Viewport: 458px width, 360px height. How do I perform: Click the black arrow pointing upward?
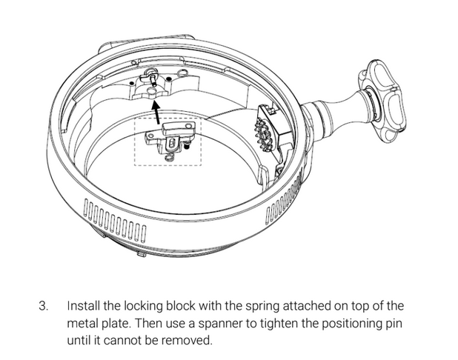[156, 113]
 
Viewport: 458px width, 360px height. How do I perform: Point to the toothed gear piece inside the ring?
[265, 130]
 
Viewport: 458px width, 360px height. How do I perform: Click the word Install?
[82, 306]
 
